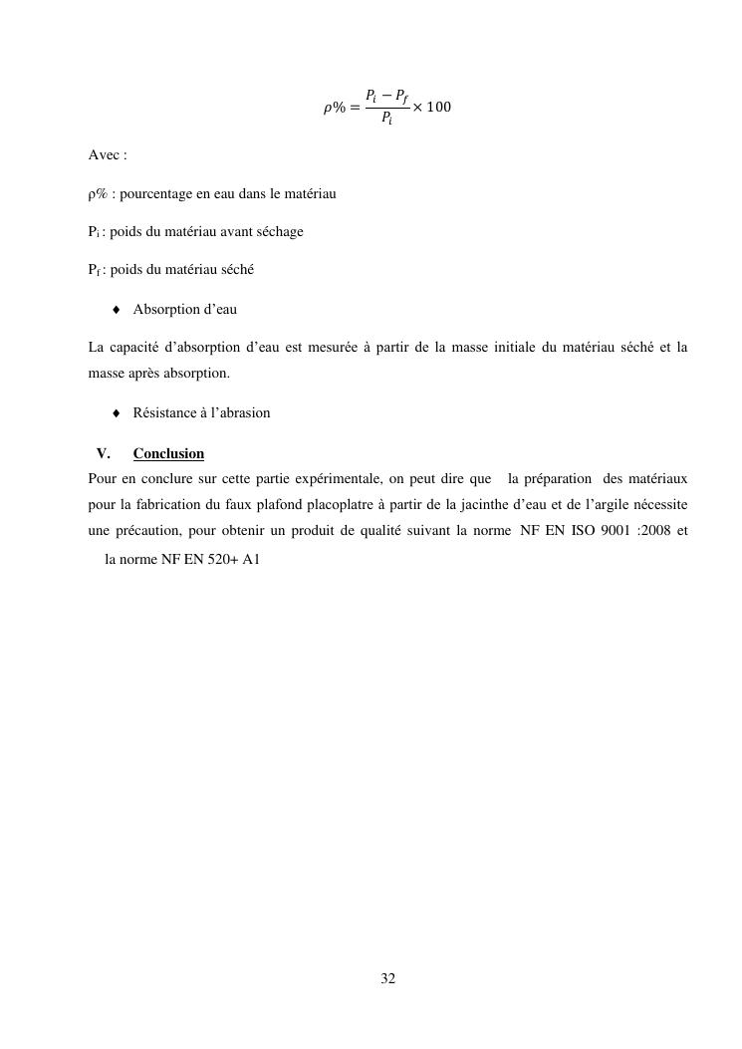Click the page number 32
point(388,979)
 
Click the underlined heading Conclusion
point(168,454)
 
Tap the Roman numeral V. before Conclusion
point(103,454)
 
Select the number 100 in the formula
point(438,108)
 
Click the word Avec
point(104,156)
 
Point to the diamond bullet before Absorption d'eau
point(117,310)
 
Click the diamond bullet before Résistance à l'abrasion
point(117,412)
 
